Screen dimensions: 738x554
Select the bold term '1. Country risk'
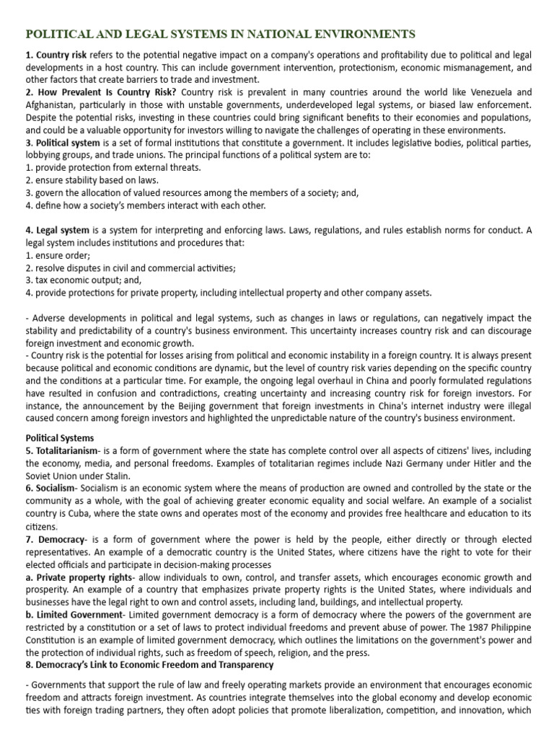pyautogui.click(x=56, y=55)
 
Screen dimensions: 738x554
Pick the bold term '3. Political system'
pyautogui.click(x=63, y=143)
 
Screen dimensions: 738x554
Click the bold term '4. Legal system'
pyautogui.click(x=58, y=230)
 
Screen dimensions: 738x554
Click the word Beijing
pyautogui.click(x=233, y=406)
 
